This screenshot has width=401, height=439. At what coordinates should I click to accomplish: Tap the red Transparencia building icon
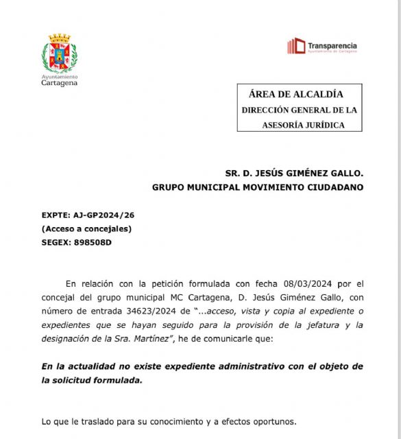(296, 46)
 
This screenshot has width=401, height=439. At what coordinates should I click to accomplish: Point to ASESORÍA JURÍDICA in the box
(303, 126)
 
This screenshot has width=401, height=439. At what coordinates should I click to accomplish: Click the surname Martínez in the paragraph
(167, 337)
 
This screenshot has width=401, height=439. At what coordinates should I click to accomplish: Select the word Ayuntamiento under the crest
(60, 77)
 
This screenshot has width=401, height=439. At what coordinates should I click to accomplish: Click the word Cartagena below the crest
(60, 84)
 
